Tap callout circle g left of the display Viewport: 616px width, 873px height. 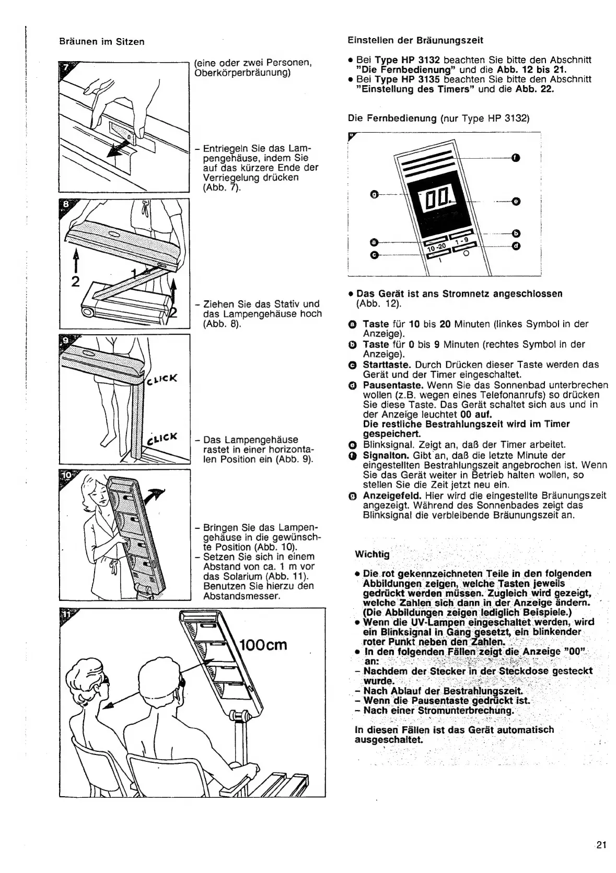[x=374, y=195]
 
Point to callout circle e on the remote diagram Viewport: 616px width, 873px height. [x=516, y=202]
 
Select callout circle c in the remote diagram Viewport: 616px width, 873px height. [x=374, y=255]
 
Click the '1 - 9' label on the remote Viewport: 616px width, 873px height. [x=462, y=242]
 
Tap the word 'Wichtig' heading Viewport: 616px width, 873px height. [x=372, y=554]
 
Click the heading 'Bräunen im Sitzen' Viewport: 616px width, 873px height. [x=101, y=42]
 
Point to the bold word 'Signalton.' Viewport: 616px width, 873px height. [x=385, y=455]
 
